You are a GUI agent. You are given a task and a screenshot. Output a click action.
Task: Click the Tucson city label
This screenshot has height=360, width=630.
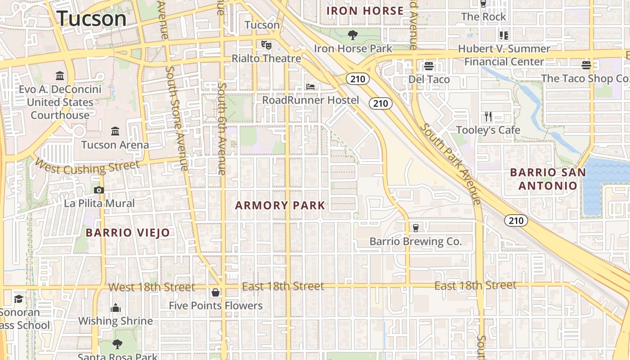[x=91, y=18]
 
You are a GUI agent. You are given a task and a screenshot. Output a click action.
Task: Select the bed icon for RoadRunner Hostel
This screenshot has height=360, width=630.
[x=310, y=86]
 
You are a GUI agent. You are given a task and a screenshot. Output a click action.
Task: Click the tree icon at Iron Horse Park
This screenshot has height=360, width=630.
[x=353, y=35]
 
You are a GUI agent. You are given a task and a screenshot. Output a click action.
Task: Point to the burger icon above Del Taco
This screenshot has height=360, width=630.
[x=428, y=66]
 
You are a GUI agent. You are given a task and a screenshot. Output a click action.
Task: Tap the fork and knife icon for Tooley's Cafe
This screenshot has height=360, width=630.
[x=488, y=117]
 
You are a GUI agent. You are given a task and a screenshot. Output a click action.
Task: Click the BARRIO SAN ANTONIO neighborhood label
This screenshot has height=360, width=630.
[x=548, y=179]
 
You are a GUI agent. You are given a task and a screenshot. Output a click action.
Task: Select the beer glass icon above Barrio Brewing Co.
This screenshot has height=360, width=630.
[x=415, y=228]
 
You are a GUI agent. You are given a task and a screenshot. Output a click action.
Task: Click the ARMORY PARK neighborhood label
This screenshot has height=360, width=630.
[x=280, y=206]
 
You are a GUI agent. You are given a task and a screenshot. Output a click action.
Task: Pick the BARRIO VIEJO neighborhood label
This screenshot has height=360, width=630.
[x=128, y=233]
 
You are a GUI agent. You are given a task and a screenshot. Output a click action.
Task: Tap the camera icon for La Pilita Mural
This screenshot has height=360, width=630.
[x=99, y=190]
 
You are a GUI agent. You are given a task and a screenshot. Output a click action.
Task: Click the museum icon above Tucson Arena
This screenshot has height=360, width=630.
[x=115, y=131]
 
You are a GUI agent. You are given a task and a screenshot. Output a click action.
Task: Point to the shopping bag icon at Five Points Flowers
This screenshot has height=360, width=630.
[x=216, y=292]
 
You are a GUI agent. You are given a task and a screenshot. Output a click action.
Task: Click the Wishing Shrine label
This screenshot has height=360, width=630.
[x=116, y=321]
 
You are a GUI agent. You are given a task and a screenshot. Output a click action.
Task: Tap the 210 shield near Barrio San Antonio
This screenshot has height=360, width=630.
[x=516, y=220]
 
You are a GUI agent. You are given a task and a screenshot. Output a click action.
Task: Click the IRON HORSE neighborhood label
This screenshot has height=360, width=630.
[x=365, y=11]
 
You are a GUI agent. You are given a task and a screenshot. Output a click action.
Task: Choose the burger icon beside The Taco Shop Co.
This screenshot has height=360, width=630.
[x=586, y=65]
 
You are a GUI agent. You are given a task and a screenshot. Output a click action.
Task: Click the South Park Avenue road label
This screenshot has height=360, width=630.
[x=450, y=165]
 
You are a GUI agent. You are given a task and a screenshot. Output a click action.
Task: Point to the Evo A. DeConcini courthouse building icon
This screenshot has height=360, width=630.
[x=59, y=75]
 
